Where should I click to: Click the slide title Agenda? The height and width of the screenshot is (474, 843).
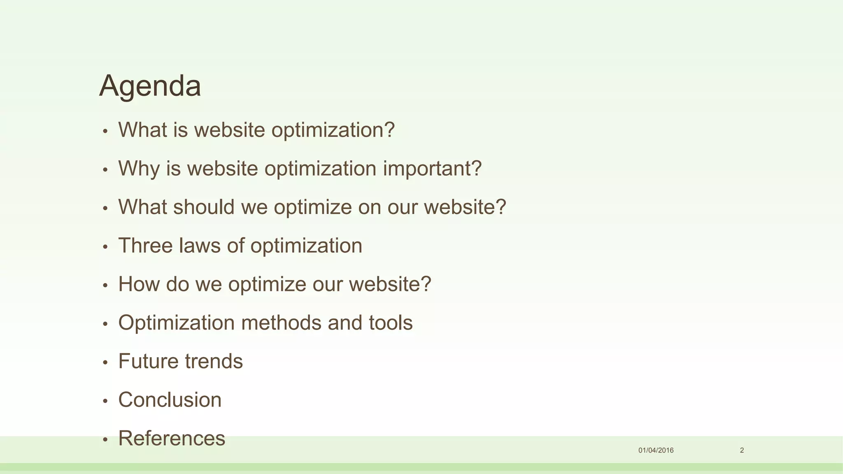pos(150,86)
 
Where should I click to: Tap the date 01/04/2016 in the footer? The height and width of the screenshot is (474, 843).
pos(656,450)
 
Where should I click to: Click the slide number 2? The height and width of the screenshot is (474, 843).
pos(742,450)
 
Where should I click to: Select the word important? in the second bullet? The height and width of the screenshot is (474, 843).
pos(432,169)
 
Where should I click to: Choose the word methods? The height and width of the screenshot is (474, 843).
pos(281,323)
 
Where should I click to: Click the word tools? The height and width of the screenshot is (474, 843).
pos(391,323)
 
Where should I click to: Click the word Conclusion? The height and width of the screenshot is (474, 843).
pos(170,400)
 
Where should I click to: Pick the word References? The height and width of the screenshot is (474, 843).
pos(172,438)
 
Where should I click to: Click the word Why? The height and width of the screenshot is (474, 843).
pos(139,169)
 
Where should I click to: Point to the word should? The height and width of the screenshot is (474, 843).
pos(204,207)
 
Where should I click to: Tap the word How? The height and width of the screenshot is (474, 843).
pos(139,284)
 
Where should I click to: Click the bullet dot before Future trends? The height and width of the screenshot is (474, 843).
pos(105,362)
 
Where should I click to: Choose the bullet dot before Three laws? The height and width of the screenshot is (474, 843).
pos(105,247)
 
